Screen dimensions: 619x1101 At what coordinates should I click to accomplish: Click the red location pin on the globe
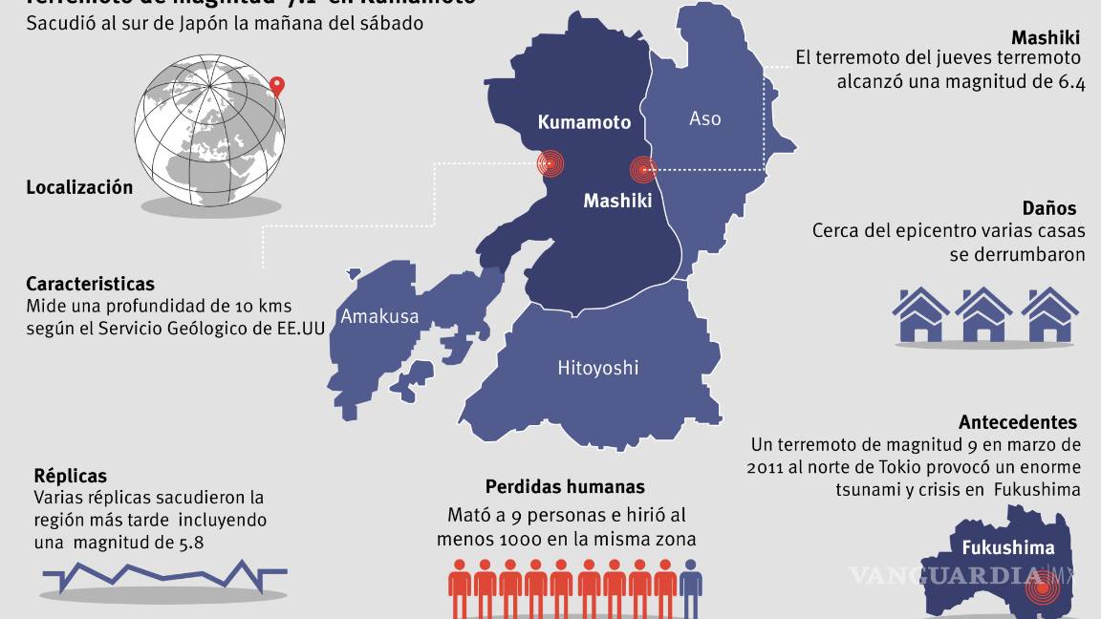tap(277, 86)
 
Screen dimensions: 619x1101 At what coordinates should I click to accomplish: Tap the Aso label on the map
tap(705, 118)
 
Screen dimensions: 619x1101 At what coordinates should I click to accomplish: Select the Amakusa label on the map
tap(379, 316)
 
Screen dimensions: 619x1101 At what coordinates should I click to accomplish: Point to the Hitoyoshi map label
tap(598, 367)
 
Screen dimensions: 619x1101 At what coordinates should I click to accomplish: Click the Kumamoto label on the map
tap(584, 122)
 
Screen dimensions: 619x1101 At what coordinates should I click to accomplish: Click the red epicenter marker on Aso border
tap(643, 170)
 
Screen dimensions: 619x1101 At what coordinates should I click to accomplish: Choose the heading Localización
tap(79, 187)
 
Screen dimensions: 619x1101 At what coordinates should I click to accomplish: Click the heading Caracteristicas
tap(90, 284)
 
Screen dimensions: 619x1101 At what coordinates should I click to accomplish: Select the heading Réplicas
tap(70, 476)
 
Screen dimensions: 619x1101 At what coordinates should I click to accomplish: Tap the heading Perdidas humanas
tap(565, 487)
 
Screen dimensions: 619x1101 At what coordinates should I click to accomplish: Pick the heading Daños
tap(1048, 208)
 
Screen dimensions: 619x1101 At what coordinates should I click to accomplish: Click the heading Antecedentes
tap(1018, 422)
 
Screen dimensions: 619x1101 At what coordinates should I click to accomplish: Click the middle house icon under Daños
tap(983, 315)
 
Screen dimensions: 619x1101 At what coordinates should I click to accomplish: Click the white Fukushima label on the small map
tap(1007, 548)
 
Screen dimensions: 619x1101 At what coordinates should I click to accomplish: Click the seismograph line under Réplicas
tap(164, 575)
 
